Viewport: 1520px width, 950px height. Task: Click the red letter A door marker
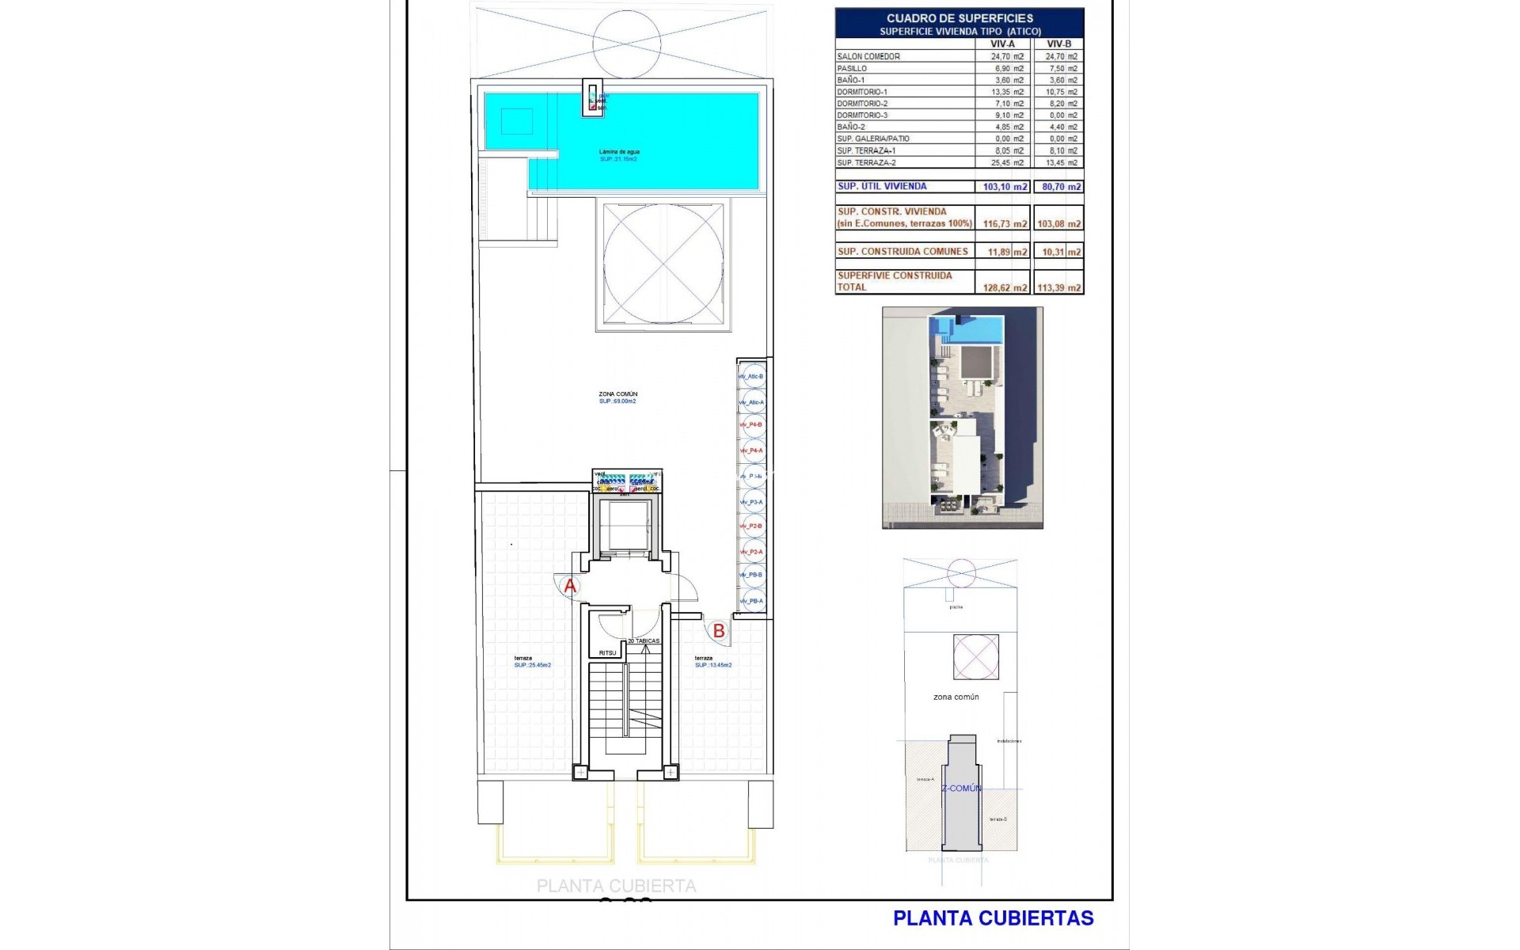pos(570,587)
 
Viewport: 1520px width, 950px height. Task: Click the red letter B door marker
pos(719,631)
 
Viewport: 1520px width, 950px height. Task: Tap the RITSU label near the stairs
pos(607,653)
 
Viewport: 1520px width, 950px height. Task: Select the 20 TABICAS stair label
pos(644,640)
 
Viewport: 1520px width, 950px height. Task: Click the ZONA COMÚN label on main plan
pos(617,393)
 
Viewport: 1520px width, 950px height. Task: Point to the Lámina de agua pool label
pos(618,152)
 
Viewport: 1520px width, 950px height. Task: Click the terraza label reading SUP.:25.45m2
pos(532,662)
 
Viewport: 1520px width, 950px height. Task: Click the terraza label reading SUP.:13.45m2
pos(712,662)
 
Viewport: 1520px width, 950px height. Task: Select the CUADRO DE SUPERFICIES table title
pos(959,18)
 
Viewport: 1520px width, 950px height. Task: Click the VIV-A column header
pos(1002,44)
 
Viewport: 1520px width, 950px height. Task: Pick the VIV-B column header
pos(1058,44)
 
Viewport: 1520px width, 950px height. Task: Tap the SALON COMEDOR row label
pos(868,56)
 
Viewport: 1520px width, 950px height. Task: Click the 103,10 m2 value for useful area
pos(1005,187)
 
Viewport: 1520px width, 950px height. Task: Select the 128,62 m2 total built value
pos(1005,288)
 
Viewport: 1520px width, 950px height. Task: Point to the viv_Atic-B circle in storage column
pos(752,377)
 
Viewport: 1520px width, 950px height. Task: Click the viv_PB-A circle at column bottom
pos(752,601)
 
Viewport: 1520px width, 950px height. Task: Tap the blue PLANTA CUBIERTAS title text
pos(993,918)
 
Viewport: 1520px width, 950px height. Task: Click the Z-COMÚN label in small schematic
pos(961,788)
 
